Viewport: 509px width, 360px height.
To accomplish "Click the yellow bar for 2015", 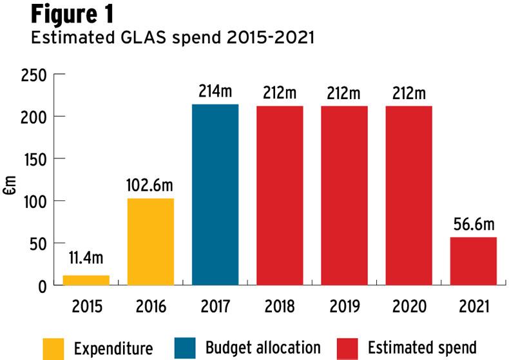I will [x=86, y=280].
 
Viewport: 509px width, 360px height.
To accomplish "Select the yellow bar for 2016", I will [x=151, y=242].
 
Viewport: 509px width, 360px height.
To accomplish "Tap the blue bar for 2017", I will [x=215, y=194].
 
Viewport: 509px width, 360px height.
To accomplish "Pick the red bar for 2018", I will [x=280, y=195].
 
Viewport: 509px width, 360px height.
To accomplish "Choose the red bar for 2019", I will [x=344, y=195].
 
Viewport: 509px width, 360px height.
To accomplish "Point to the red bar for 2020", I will [x=408, y=195].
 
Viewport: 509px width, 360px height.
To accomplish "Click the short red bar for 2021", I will [x=474, y=261].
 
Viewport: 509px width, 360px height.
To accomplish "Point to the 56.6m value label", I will [x=474, y=225].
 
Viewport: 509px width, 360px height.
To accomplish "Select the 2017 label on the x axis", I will [x=215, y=307].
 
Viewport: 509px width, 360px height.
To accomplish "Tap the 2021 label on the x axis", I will [x=474, y=307].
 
